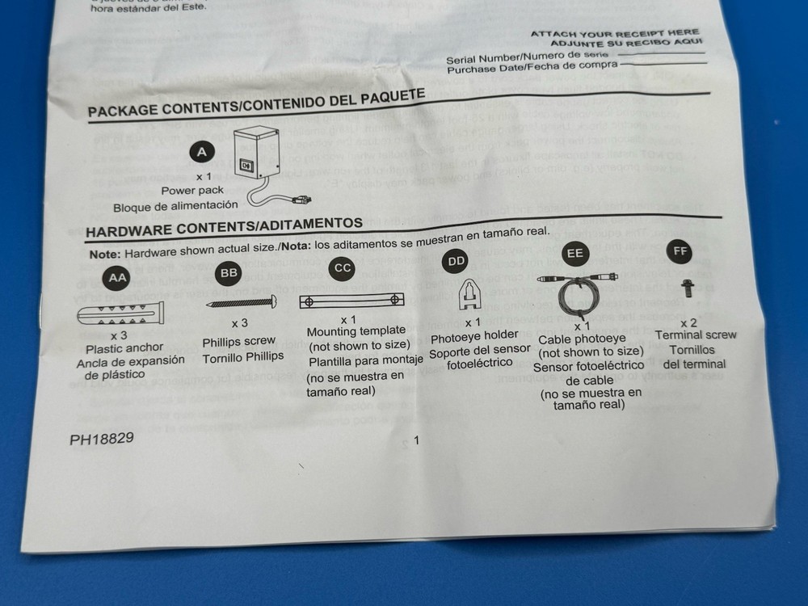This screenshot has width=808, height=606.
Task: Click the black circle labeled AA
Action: pyautogui.click(x=117, y=278)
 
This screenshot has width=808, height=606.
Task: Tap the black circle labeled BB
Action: pyautogui.click(x=229, y=273)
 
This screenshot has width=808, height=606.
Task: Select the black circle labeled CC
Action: pyautogui.click(x=342, y=268)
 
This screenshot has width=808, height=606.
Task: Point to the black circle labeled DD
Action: pyautogui.click(x=456, y=261)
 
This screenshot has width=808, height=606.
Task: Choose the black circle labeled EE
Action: pyautogui.click(x=574, y=254)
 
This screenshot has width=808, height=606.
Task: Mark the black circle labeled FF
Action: pyautogui.click(x=680, y=251)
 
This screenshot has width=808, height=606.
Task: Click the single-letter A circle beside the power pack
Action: pyautogui.click(x=201, y=153)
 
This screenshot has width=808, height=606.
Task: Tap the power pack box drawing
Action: pyautogui.click(x=256, y=153)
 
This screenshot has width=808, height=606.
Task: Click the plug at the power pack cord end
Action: pyautogui.click(x=302, y=200)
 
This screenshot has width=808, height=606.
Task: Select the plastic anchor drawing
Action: pyautogui.click(x=120, y=314)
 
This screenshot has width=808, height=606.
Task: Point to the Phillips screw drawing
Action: pyautogui.click(x=241, y=303)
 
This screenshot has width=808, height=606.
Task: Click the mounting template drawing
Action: pyautogui.click(x=351, y=301)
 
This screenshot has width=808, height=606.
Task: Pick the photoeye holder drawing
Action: pyautogui.click(x=470, y=295)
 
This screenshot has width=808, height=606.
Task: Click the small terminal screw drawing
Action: pyautogui.click(x=688, y=288)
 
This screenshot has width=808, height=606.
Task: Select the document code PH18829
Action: pyautogui.click(x=102, y=439)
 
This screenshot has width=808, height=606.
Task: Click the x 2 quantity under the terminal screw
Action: pyautogui.click(x=688, y=323)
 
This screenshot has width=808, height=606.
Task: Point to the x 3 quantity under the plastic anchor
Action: pyautogui.click(x=119, y=336)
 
